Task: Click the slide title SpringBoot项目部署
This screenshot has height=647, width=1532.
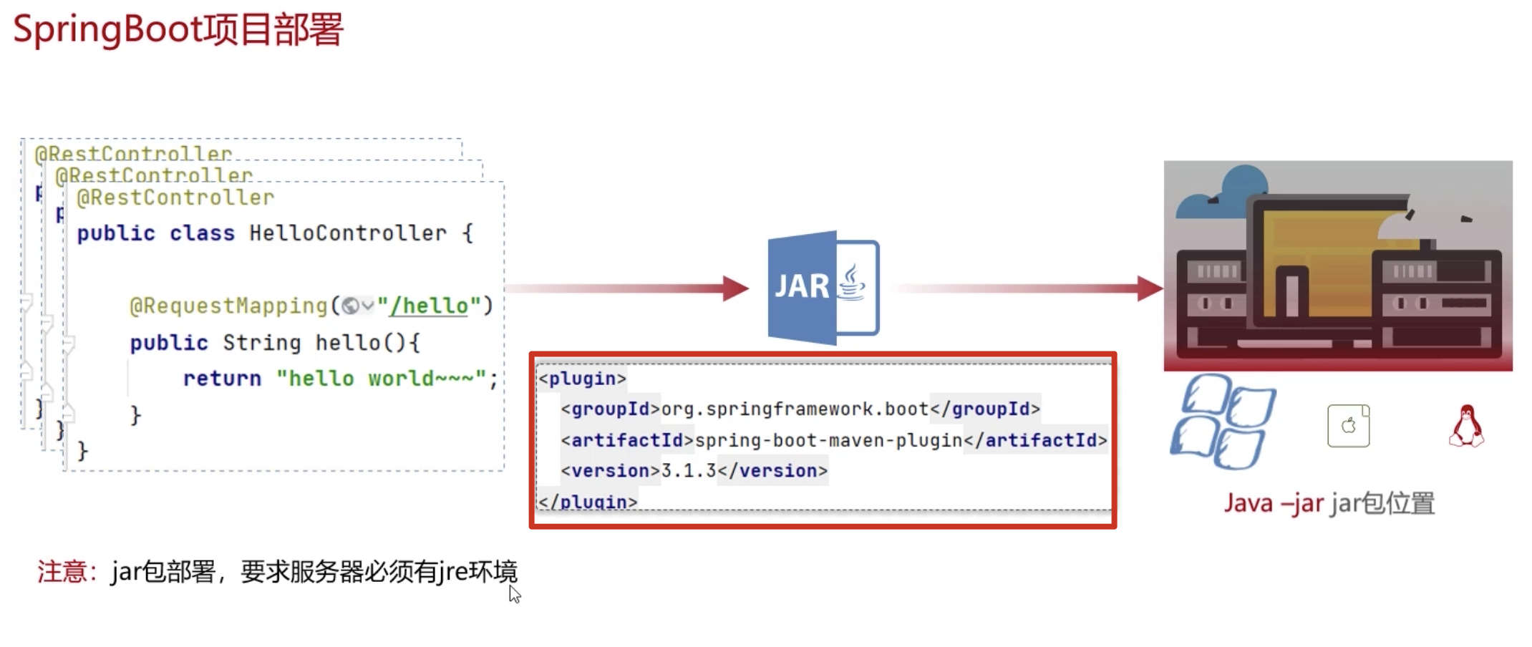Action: (178, 30)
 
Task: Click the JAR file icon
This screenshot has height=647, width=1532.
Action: (823, 288)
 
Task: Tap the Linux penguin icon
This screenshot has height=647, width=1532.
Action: (1466, 426)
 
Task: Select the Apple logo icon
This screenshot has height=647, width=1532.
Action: (1348, 426)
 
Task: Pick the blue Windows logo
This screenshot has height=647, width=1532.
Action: (1222, 422)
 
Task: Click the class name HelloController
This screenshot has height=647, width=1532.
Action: (347, 233)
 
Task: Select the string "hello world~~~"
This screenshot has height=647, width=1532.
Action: (381, 379)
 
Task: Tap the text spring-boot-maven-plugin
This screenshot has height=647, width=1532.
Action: (828, 440)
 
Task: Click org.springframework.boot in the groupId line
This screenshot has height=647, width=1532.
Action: (795, 409)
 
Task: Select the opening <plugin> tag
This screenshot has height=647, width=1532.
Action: (582, 379)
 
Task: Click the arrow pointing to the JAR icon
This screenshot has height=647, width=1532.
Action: (630, 288)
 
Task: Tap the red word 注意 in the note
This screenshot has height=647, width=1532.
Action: (62, 572)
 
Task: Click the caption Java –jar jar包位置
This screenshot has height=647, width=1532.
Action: (1329, 503)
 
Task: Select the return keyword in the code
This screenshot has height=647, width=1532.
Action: (222, 379)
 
